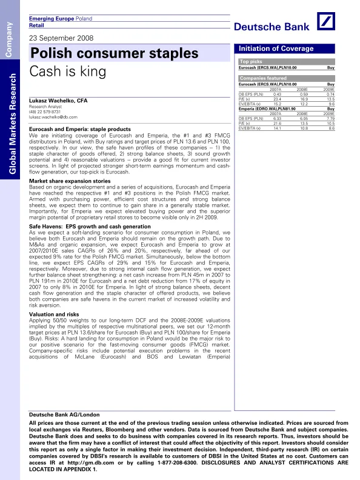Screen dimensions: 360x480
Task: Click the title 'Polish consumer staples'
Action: click(x=114, y=53)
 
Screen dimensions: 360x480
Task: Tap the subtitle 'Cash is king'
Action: click(x=67, y=71)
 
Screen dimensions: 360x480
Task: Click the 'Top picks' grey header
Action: click(x=252, y=61)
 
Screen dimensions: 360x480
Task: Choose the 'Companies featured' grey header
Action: click(x=263, y=78)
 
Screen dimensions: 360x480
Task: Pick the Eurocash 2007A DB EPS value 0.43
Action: click(x=278, y=95)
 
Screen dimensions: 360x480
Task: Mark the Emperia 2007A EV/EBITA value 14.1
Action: click(x=277, y=128)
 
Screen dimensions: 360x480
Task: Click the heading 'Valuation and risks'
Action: click(x=54, y=315)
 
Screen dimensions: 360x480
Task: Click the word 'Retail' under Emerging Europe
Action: click(x=37, y=26)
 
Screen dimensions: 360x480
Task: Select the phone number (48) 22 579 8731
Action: click(x=45, y=112)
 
